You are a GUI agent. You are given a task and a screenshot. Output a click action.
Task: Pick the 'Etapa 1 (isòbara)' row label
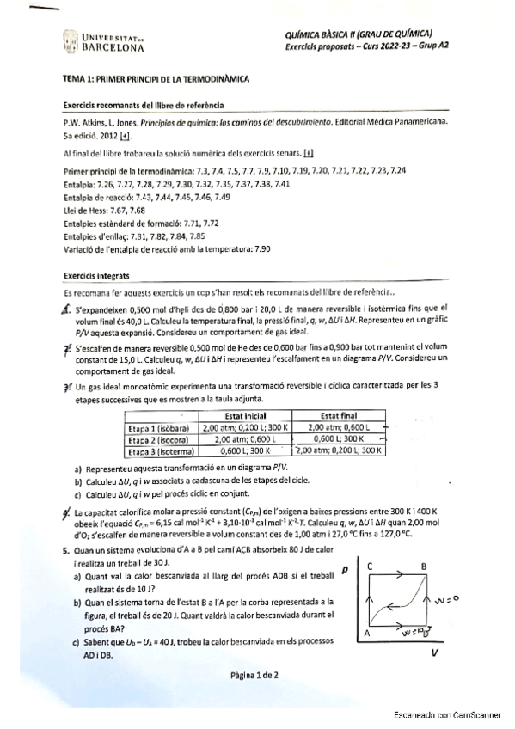[x=161, y=426]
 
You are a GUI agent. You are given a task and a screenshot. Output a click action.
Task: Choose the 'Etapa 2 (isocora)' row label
[x=161, y=438]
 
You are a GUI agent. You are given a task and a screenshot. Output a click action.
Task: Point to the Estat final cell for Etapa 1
[x=337, y=426]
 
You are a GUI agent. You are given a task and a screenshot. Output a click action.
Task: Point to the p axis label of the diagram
[x=344, y=570]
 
